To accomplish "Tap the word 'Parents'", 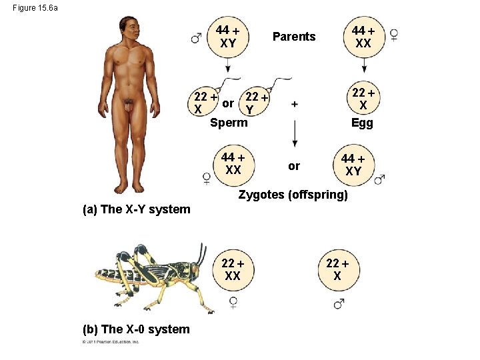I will coord(293,37).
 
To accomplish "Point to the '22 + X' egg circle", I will coord(363,99).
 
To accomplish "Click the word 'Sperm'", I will coord(228,123).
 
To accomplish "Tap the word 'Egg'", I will coord(362,123).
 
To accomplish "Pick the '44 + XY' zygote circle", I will coord(353,164).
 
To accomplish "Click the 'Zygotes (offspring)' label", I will coord(293,195).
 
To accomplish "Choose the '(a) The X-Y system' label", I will coord(135,209).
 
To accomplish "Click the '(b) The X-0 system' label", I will coord(135,329).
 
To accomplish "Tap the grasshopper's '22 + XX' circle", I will coord(233,270).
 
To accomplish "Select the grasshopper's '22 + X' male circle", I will coord(337,270).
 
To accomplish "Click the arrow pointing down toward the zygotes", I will coord(294,137).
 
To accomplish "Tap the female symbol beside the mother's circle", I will coord(394,35).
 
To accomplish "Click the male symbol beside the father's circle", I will coord(196,37).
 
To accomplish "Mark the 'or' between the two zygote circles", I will coord(294,165).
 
